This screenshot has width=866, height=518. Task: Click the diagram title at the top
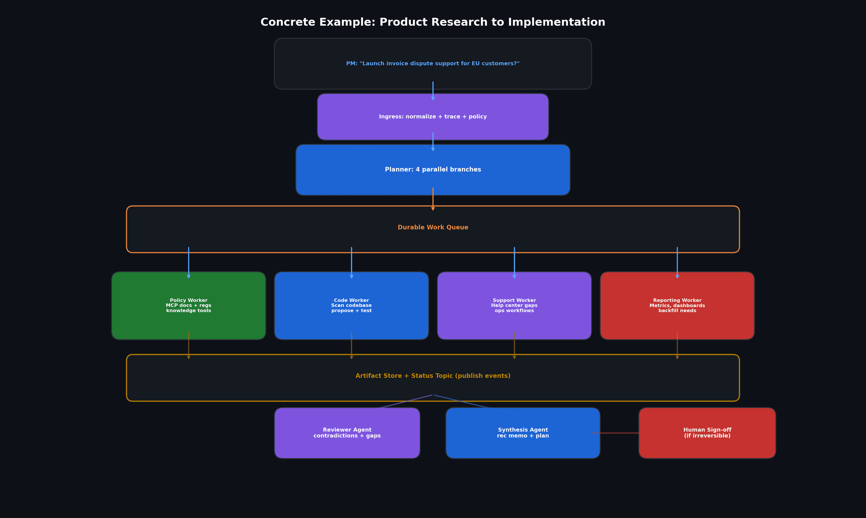pyautogui.click(x=433, y=22)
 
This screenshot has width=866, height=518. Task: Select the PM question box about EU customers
pyautogui.click(x=433, y=64)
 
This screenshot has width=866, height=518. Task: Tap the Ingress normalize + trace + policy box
pyautogui.click(x=433, y=117)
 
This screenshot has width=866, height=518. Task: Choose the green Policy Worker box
pyautogui.click(x=188, y=305)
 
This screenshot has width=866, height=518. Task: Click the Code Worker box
pyautogui.click(x=351, y=305)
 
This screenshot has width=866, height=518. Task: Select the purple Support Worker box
pyautogui.click(x=514, y=305)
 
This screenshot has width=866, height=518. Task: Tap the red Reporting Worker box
pyautogui.click(x=677, y=305)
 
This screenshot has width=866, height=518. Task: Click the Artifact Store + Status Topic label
pyautogui.click(x=433, y=376)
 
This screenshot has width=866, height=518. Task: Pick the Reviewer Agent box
pyautogui.click(x=347, y=433)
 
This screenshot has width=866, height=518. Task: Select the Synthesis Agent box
pyautogui.click(x=523, y=433)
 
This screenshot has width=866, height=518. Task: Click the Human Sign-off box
pyautogui.click(x=707, y=433)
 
